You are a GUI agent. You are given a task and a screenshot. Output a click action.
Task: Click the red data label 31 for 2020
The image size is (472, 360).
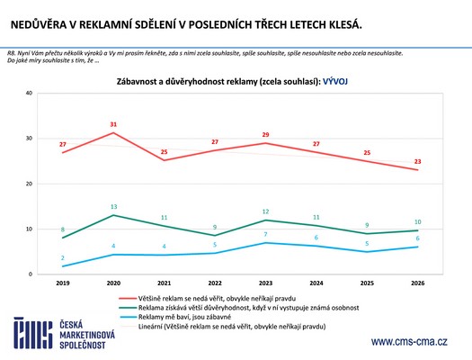tap(113, 124)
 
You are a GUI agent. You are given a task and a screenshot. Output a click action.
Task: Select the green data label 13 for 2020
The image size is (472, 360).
tap(113, 206)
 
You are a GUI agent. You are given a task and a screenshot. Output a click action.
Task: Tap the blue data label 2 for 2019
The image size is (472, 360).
tap(62, 257)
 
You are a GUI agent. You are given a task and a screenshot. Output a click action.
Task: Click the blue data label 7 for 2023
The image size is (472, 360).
tap(266, 234)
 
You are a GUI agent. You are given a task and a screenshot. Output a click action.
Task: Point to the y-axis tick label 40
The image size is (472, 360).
tap(30, 93)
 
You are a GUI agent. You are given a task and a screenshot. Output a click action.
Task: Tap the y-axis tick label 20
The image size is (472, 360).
tap(30, 184)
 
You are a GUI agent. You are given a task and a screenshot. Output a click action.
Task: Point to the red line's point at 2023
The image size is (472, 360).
tap(266, 143)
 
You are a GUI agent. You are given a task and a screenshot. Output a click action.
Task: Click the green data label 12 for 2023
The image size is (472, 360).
tap(266, 211)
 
